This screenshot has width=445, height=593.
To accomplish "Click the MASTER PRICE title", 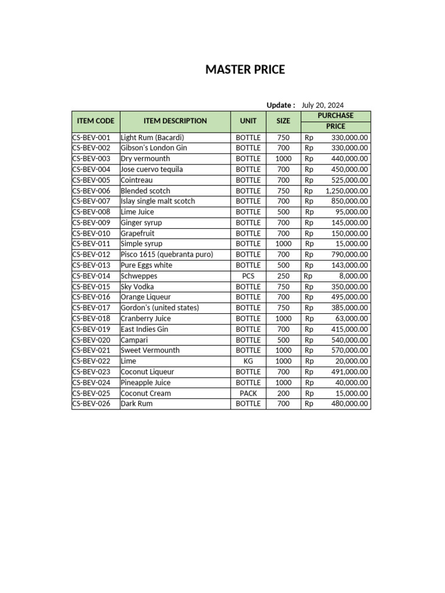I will [x=245, y=70].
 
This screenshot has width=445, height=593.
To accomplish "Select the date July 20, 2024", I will [x=322, y=105].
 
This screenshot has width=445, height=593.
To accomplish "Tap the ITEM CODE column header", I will [x=96, y=121].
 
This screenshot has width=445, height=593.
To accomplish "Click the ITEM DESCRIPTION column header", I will [x=175, y=121].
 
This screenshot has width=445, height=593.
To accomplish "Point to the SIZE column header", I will [x=283, y=121].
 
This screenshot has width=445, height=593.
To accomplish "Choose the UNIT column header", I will [x=248, y=121].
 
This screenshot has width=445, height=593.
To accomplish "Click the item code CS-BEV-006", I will [x=91, y=191].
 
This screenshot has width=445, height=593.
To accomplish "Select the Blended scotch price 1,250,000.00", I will [x=346, y=191].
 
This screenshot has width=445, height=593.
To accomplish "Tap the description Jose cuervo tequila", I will [x=152, y=169].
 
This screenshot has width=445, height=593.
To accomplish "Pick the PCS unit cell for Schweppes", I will [x=248, y=276].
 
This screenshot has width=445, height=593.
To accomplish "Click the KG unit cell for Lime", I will [x=248, y=361].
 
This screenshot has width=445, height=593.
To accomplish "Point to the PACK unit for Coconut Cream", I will [x=248, y=393].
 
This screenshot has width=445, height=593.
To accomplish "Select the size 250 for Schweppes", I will [x=283, y=276].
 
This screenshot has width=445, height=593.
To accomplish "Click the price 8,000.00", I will [x=351, y=276].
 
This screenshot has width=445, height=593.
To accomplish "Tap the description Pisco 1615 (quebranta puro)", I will [x=167, y=254].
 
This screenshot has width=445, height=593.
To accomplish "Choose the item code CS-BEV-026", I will [x=91, y=404].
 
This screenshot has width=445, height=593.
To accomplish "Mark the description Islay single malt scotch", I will [x=158, y=201].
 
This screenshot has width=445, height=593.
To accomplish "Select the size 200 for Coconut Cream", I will [x=283, y=393].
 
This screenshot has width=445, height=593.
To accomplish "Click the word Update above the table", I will [x=279, y=105].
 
